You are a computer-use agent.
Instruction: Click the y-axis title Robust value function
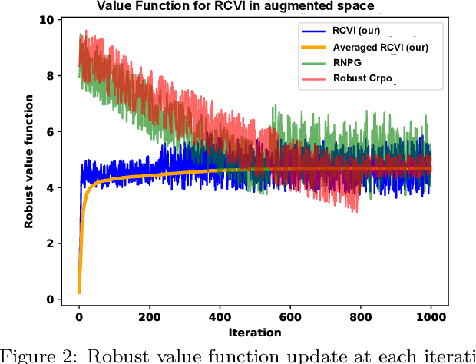point(29,161)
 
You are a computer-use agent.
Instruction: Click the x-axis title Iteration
point(254,333)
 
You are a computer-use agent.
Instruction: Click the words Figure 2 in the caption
point(28,356)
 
